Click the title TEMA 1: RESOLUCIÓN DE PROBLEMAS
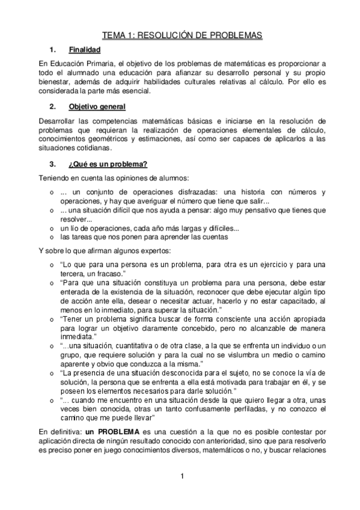(x=182, y=36)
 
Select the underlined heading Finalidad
(x=84, y=50)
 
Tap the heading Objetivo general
(x=97, y=107)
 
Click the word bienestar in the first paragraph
(x=55, y=82)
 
